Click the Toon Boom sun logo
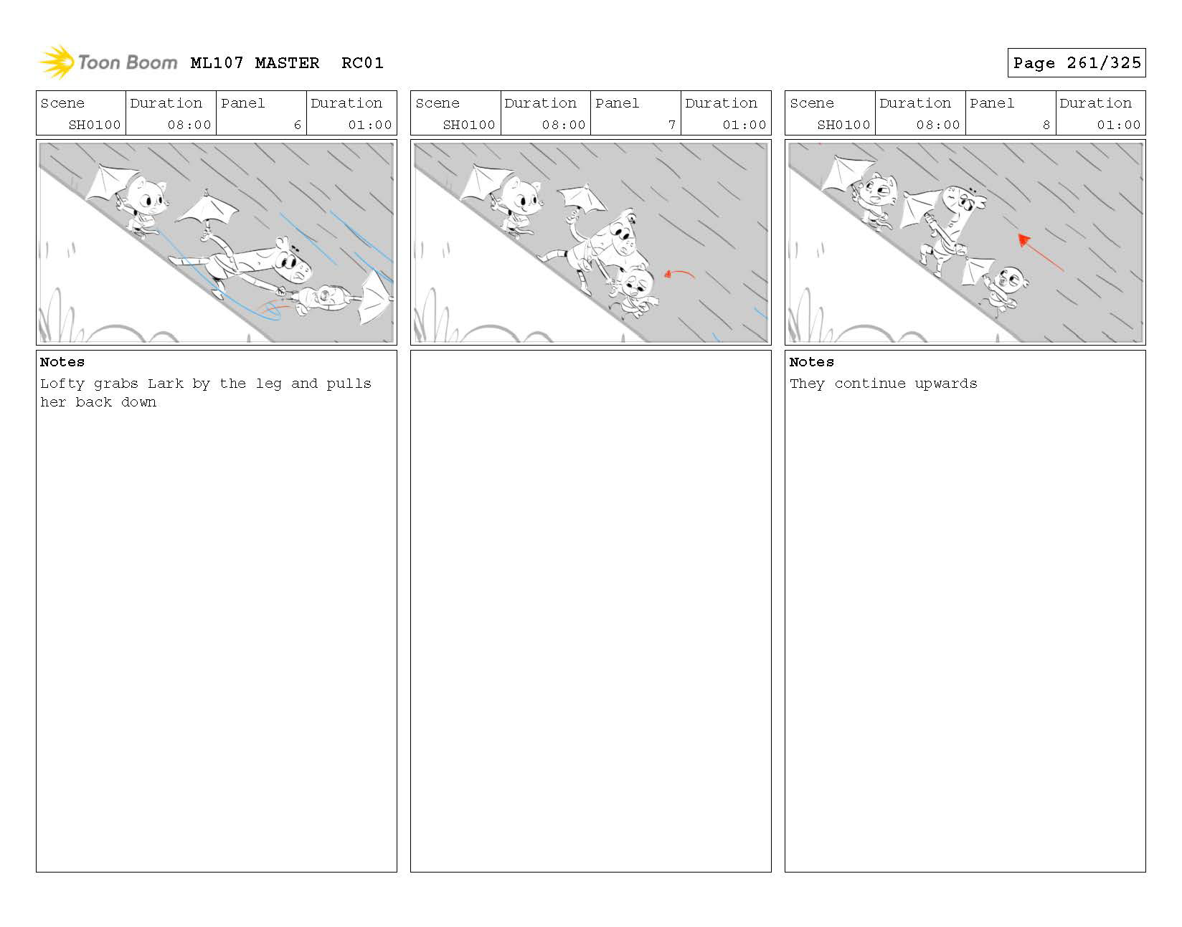coord(56,62)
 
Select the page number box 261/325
coord(1076,63)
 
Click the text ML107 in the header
coord(217,63)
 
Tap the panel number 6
coord(297,125)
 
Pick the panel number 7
coord(671,125)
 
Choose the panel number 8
coord(1046,125)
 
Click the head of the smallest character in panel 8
coord(1012,279)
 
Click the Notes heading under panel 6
coord(62,362)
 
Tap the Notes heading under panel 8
coord(811,362)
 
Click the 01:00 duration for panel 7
coord(744,125)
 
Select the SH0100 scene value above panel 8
coord(843,125)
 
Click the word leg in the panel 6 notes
coord(268,384)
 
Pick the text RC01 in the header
coord(362,63)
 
